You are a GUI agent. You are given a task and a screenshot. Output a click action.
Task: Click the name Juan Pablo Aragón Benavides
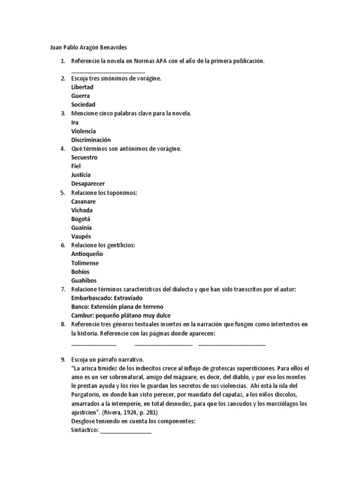click(x=88, y=47)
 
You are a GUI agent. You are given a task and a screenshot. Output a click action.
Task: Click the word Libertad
click(x=82, y=87)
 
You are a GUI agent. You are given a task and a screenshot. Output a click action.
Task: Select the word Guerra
click(x=81, y=96)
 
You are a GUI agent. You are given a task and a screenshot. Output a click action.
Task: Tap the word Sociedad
click(x=83, y=105)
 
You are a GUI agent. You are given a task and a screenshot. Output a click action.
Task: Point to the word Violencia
click(x=83, y=131)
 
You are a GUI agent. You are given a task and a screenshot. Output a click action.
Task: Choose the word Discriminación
click(x=91, y=140)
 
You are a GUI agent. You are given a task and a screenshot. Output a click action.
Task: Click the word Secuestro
click(x=84, y=157)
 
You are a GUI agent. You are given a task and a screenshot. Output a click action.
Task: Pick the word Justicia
click(x=81, y=175)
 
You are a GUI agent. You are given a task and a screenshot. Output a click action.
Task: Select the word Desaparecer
click(x=88, y=184)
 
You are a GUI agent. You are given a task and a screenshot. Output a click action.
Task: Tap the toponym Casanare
click(x=83, y=202)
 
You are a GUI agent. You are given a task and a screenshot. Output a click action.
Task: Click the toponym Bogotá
click(x=81, y=219)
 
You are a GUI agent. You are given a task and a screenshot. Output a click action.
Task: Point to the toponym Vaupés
click(x=81, y=236)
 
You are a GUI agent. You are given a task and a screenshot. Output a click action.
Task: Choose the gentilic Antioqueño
click(x=87, y=254)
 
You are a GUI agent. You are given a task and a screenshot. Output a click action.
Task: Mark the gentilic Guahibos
click(x=84, y=280)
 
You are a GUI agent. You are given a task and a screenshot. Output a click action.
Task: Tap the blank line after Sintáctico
click(x=126, y=431)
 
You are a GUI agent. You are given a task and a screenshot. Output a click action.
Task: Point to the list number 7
click(x=63, y=289)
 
